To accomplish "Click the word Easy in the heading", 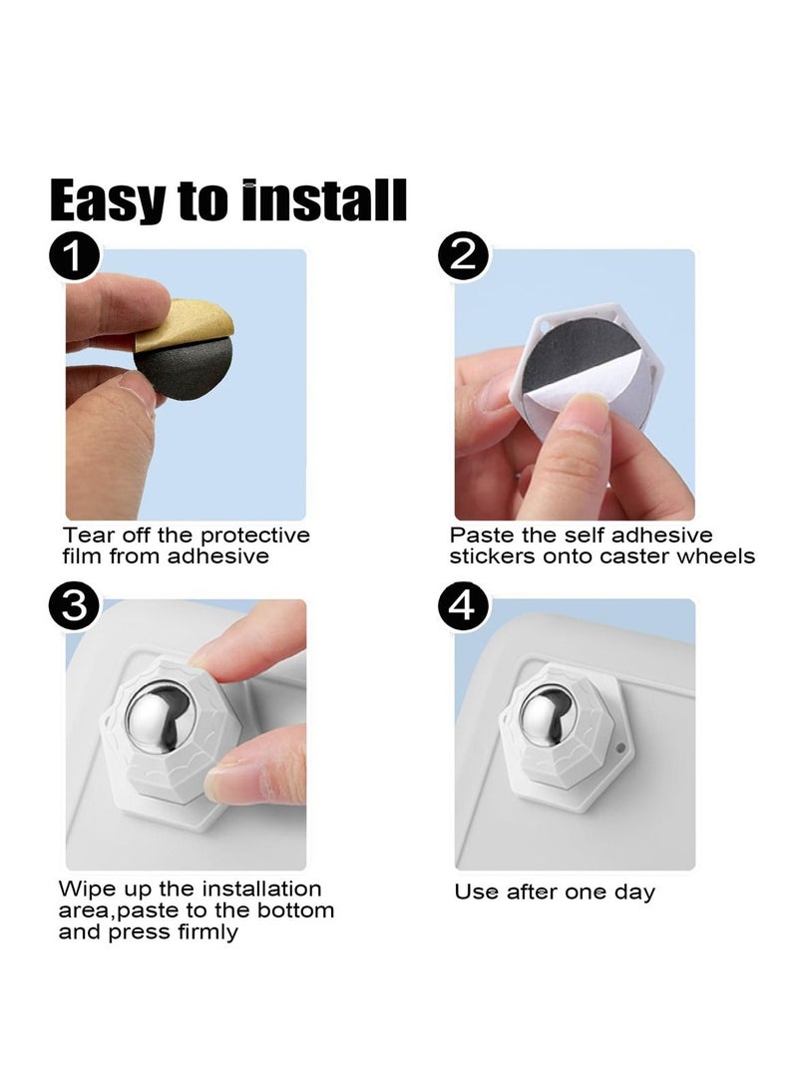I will click(108, 200).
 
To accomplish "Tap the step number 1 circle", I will click(74, 258).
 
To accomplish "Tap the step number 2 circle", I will click(463, 258).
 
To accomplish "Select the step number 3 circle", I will click(74, 608).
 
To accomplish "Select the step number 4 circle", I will click(463, 608).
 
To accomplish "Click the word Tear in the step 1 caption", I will click(86, 536).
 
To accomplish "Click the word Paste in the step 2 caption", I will click(479, 536).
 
